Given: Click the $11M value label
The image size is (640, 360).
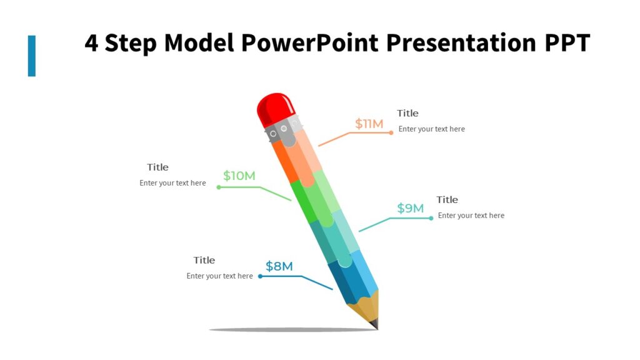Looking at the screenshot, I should pos(369,124).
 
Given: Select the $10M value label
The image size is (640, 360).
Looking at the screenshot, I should pos(239,176).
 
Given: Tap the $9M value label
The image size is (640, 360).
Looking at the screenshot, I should pos(411,208).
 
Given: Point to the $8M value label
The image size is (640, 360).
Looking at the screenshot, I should pos(279,266).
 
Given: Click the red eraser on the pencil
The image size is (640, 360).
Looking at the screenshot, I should pos(274,109).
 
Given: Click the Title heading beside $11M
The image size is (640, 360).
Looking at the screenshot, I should pos(407,113).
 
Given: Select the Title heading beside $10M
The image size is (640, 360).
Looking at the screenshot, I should pos(157,167).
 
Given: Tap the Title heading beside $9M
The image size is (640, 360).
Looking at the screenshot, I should pos(447,199).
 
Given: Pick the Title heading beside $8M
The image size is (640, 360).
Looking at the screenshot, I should pos(204,260).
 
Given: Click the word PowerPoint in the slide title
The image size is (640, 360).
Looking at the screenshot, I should pos(309,43).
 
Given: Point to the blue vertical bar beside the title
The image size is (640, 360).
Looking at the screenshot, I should pos(32,56).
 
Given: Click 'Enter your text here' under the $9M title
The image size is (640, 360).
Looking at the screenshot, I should pos(471,216).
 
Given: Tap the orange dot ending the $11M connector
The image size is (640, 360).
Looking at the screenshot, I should pos(391,132).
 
